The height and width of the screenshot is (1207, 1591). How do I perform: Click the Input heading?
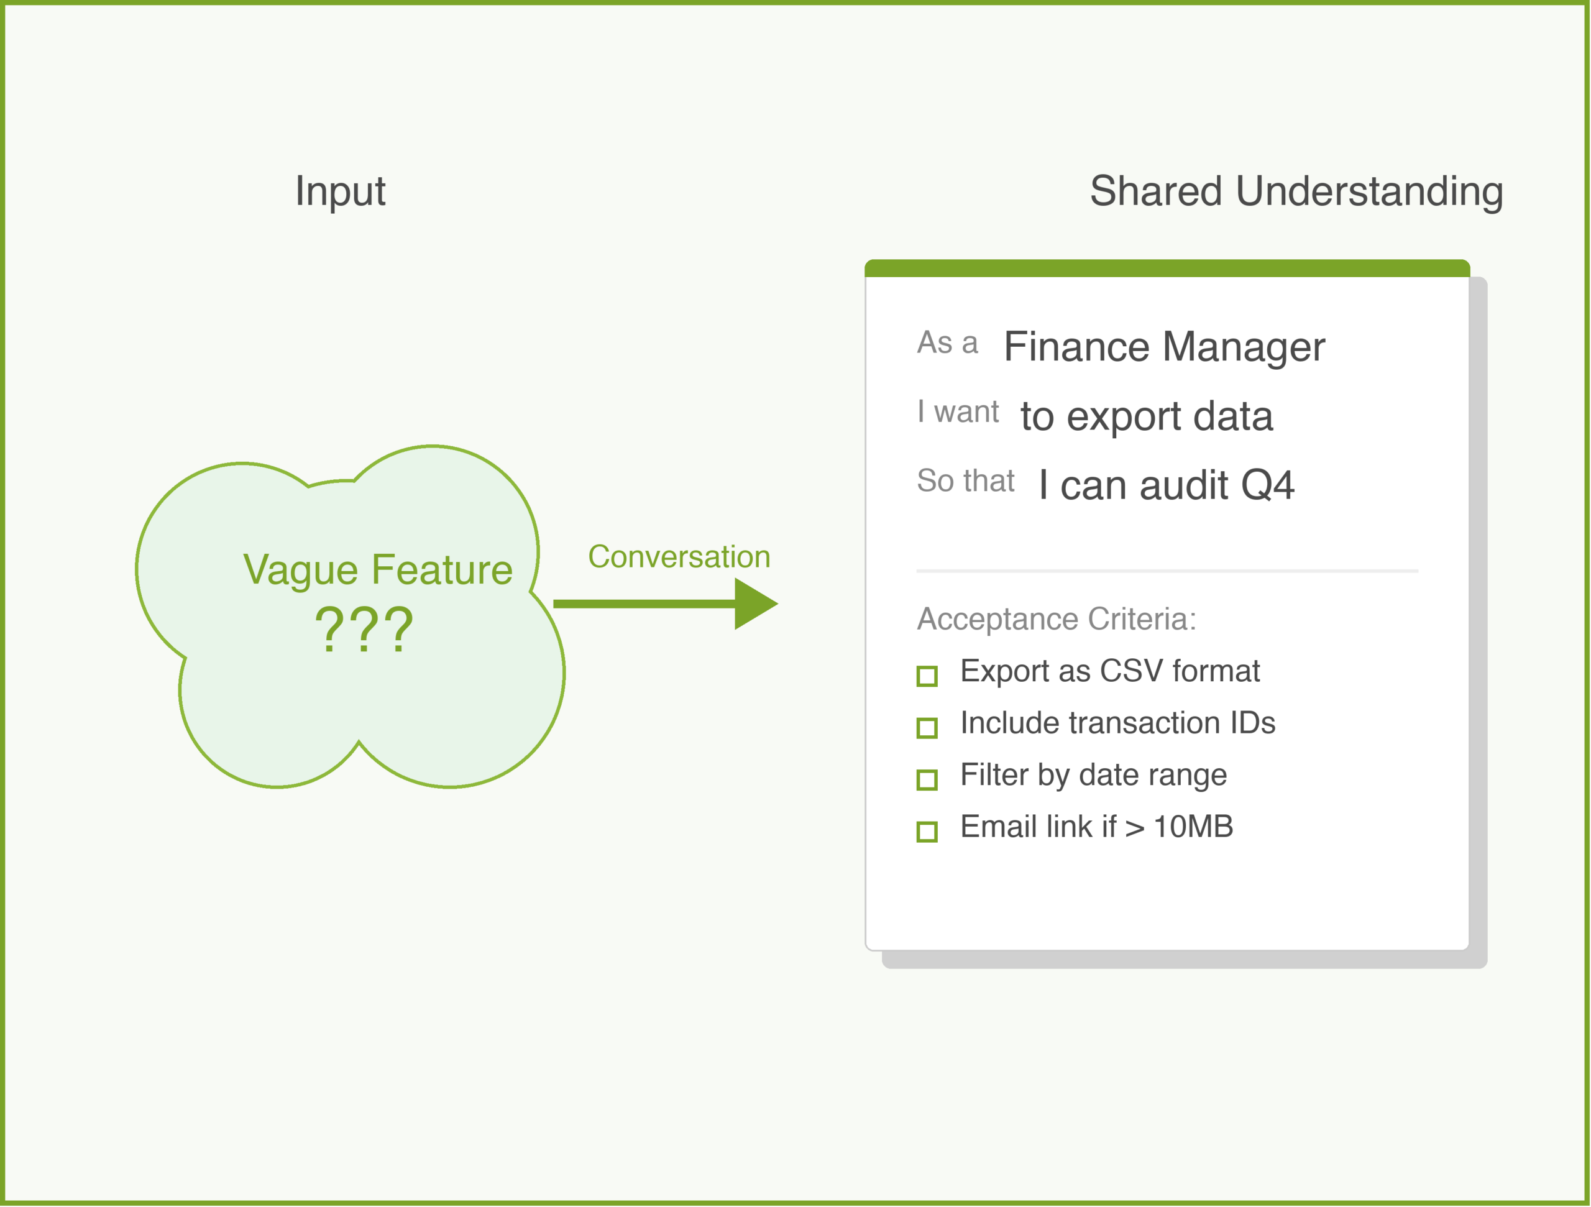340,191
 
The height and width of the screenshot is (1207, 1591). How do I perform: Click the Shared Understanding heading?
1296,191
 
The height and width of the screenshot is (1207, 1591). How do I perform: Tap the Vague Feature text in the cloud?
378,570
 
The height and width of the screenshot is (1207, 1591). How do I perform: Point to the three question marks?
364,630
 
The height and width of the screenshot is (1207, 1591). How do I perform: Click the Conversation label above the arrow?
679,557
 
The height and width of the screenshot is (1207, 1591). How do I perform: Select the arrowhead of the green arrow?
754,604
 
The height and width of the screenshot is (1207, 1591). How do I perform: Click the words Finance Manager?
1164,347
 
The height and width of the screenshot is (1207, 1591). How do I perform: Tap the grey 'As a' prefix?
947,342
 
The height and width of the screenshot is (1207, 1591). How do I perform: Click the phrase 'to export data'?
1147,416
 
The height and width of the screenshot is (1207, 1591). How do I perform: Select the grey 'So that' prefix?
965,480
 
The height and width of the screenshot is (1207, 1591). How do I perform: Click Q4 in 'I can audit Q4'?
1267,485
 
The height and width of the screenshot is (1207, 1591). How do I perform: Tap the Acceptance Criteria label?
1057,618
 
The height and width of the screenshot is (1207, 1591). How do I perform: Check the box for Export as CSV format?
927,676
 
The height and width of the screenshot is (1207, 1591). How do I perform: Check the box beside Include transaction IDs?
927,728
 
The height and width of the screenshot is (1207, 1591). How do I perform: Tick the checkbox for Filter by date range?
927,780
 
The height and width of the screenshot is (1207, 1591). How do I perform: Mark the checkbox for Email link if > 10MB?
927,832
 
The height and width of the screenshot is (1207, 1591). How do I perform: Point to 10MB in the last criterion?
1193,827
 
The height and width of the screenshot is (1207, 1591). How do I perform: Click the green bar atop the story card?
1167,268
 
